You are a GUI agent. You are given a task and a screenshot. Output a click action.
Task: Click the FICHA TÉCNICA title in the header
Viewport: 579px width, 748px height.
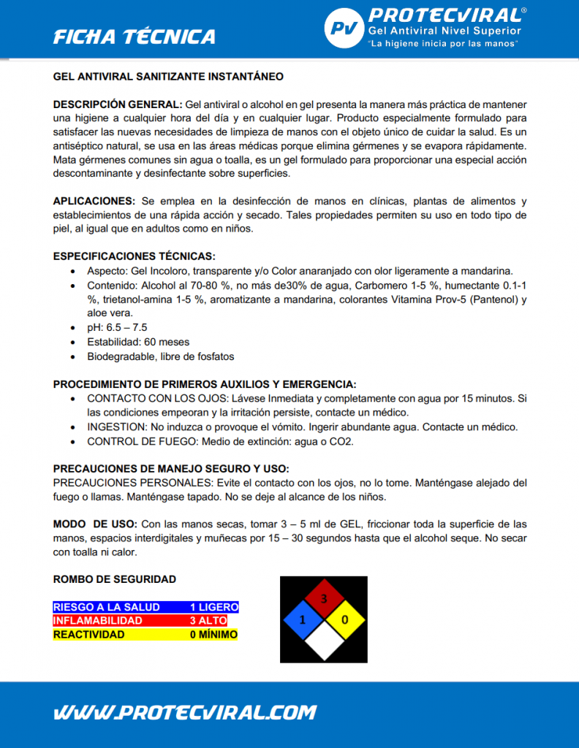click(x=135, y=37)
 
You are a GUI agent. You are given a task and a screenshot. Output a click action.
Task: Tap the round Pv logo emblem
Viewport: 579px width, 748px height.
click(x=343, y=28)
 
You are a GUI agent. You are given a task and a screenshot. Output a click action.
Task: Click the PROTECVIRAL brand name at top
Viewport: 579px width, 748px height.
click(x=445, y=15)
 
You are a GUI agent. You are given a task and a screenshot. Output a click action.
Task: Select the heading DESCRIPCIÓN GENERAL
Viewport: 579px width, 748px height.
click(x=118, y=104)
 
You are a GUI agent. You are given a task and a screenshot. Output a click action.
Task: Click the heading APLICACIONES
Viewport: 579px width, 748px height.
click(x=94, y=201)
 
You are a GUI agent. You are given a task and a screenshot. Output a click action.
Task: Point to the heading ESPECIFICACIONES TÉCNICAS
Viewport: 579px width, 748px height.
click(x=135, y=256)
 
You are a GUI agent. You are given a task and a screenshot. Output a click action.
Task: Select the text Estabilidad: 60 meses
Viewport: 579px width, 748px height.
click(x=138, y=342)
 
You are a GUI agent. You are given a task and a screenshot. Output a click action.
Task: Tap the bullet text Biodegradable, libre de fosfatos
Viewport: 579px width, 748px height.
click(x=160, y=356)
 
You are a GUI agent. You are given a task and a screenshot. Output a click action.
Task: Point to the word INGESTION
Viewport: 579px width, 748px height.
click(x=116, y=427)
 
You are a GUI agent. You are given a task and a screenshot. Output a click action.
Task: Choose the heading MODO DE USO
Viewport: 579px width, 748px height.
click(x=95, y=524)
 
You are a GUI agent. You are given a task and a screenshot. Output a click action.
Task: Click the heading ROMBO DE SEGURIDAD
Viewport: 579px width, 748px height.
click(x=115, y=579)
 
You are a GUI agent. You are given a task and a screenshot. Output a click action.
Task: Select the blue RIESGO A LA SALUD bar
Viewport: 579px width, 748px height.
click(x=145, y=607)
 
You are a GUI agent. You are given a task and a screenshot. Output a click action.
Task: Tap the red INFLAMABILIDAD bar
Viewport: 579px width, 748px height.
click(x=145, y=621)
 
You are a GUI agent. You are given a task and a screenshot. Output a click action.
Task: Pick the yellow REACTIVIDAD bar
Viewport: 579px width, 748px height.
click(x=145, y=635)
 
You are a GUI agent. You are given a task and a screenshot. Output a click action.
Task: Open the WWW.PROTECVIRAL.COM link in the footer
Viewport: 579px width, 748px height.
click(x=185, y=712)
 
